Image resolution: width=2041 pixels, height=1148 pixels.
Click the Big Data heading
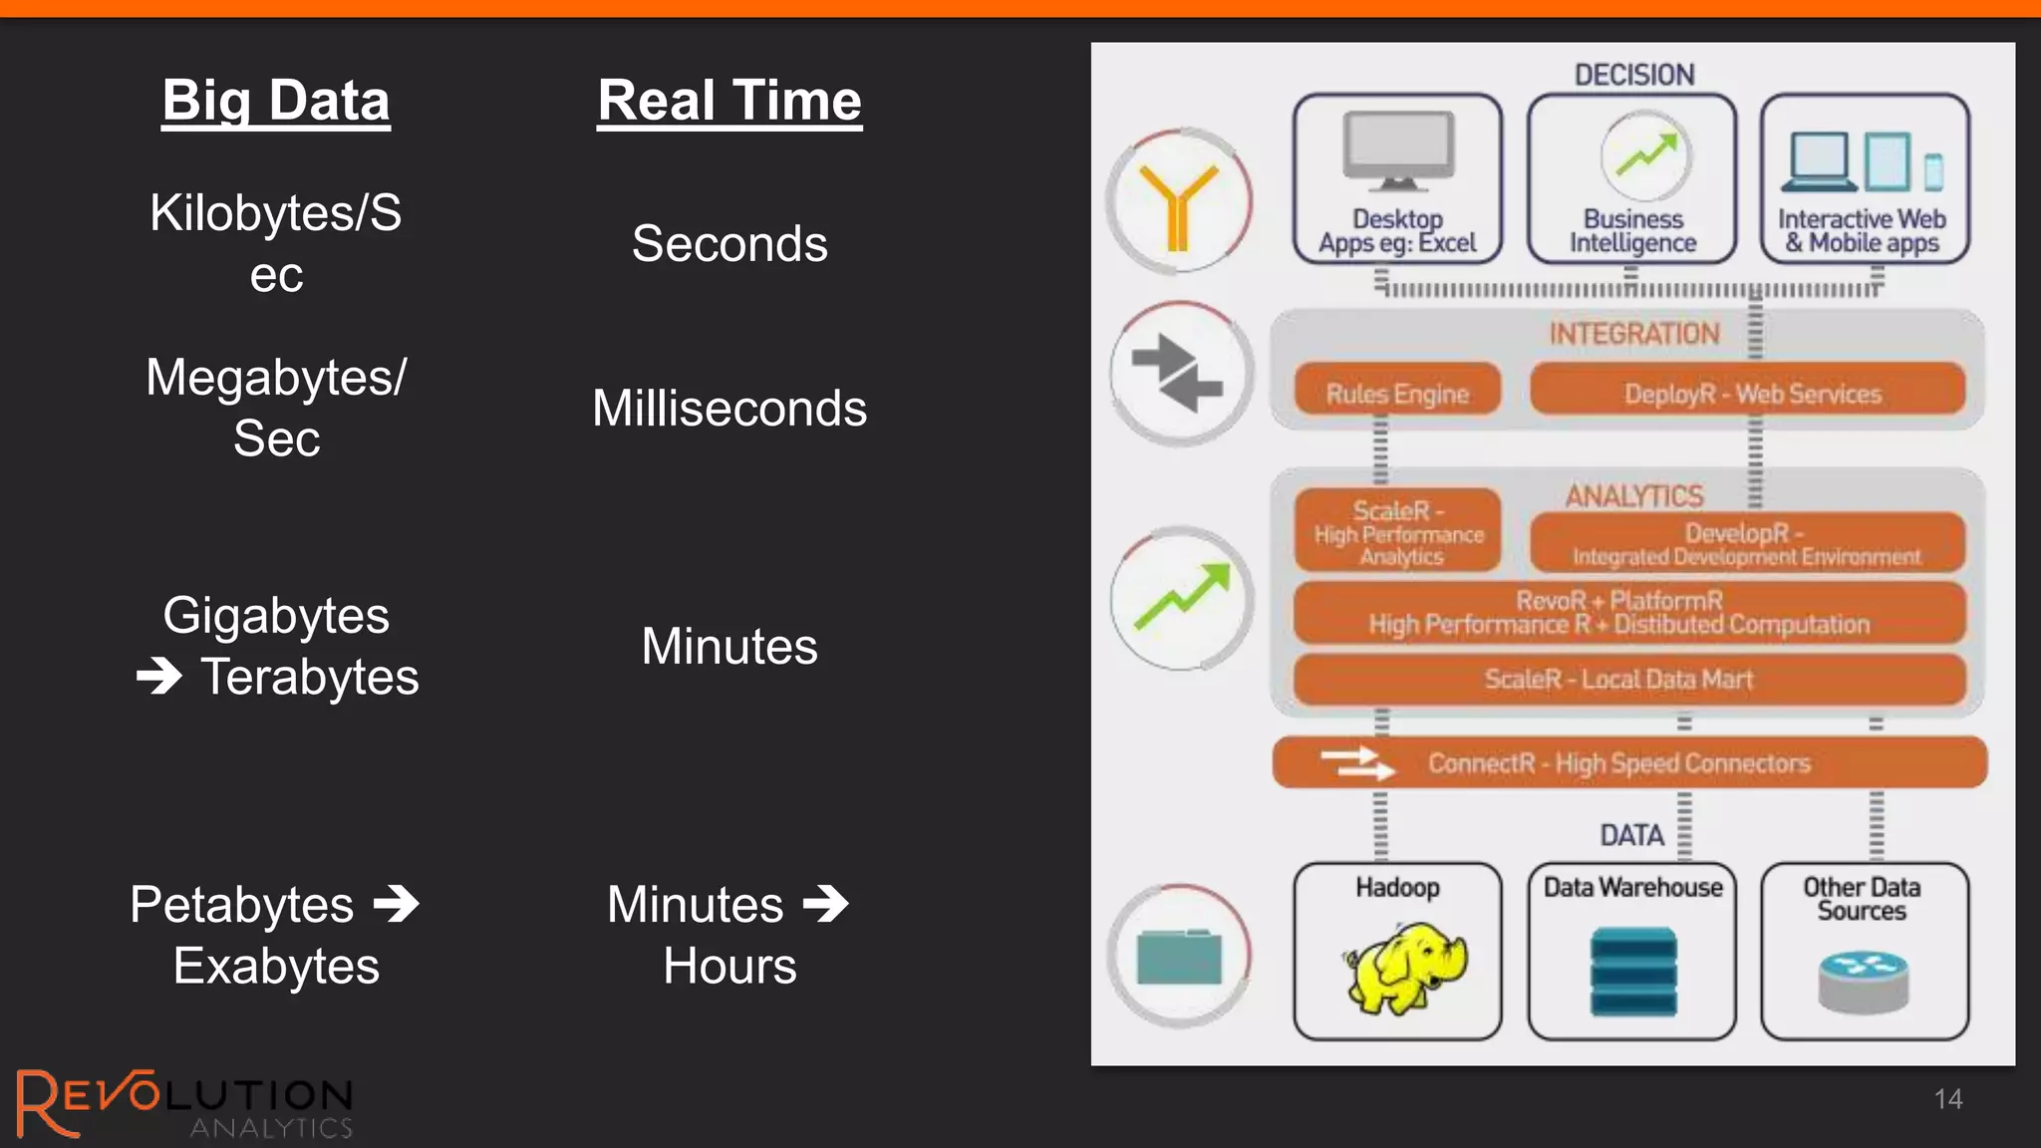276,101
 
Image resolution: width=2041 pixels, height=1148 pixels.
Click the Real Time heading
729,101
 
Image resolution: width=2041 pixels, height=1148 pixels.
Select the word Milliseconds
729,409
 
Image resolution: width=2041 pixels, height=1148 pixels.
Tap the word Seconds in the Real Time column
729,244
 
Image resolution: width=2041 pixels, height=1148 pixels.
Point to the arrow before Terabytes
159,678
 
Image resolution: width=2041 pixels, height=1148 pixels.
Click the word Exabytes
276,967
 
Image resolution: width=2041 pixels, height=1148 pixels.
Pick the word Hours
729,967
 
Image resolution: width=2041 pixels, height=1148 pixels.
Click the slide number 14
1947,1099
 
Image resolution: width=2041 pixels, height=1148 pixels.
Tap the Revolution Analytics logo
185,1103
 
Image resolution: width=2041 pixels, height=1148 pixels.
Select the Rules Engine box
1397,393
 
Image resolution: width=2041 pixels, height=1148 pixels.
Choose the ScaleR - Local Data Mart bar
1628,680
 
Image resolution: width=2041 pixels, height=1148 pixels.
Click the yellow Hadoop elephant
1404,966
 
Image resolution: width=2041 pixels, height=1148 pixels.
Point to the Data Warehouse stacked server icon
1633,972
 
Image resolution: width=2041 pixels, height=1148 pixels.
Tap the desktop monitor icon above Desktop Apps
1398,150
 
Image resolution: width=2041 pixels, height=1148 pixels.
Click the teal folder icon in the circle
1179,957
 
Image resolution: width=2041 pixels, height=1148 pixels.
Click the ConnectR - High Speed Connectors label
1618,763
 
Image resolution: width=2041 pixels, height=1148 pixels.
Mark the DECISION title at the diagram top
1634,75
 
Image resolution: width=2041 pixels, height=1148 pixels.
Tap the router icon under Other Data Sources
1863,981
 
